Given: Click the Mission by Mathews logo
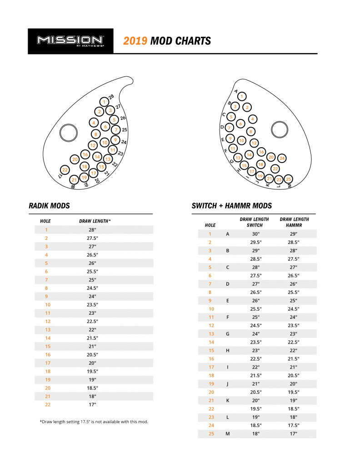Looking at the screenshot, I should point(70,41).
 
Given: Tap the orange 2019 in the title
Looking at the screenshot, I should point(135,41).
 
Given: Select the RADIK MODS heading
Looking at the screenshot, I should point(49,206).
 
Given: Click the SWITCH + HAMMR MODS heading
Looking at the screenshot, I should point(232,206).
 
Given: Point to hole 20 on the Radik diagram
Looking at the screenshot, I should point(75,159).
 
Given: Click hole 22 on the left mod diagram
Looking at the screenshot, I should point(65,170).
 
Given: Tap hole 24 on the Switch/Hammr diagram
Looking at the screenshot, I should point(282,158).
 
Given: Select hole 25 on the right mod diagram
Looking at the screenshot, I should point(288,179).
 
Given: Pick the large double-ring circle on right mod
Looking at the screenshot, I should point(279,129).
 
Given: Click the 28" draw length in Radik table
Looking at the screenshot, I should point(93,230).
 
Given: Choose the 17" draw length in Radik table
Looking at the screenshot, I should point(93,404).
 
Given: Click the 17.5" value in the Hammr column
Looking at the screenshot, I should point(293,425).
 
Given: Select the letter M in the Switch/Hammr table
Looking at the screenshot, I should point(227,434).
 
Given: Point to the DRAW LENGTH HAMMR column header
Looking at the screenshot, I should point(294,222).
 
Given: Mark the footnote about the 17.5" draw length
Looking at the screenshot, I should point(94,422).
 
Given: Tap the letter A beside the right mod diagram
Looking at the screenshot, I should point(236,91).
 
